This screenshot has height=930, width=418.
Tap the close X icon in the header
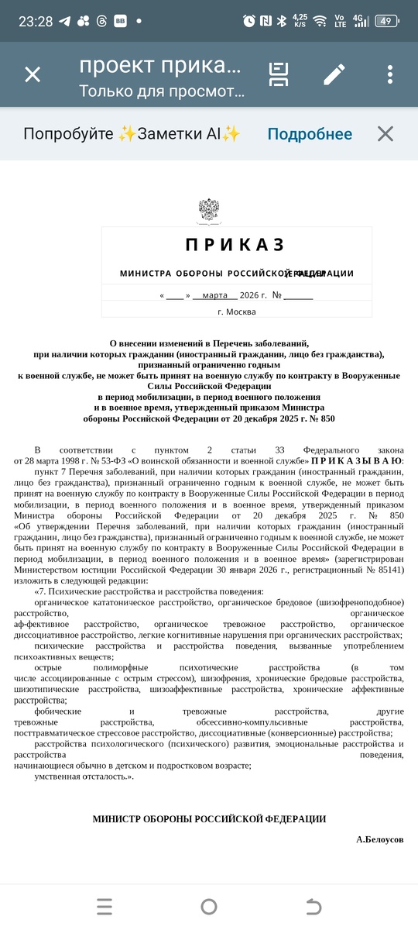pos(33,74)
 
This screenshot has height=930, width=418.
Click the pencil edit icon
pos(334,74)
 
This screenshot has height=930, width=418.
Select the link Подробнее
pos(310,134)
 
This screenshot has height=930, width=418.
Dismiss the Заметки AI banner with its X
pos(385,134)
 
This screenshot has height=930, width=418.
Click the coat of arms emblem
pos(209,212)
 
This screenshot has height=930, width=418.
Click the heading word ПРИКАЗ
pos(236,246)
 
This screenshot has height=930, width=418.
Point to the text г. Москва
pos(236,312)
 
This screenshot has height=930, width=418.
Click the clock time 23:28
pos(36,21)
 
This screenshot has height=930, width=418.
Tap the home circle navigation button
pos(209,906)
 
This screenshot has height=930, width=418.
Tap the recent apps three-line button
pos(104,906)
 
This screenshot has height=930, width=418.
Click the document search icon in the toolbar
pos(279,74)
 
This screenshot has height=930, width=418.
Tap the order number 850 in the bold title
pos(327,418)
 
